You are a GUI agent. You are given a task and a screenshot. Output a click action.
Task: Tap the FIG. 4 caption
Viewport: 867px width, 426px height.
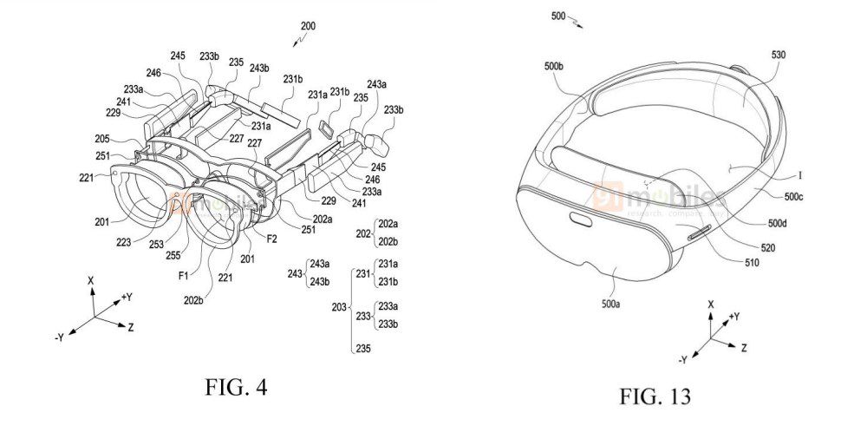pyautogui.click(x=211, y=388)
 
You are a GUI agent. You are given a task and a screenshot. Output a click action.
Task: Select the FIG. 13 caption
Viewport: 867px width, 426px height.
pyautogui.click(x=655, y=397)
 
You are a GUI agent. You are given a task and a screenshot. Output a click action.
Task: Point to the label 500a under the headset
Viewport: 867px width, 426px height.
pyautogui.click(x=614, y=306)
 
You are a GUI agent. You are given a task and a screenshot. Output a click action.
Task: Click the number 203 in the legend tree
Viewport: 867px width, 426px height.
pyautogui.click(x=337, y=306)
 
